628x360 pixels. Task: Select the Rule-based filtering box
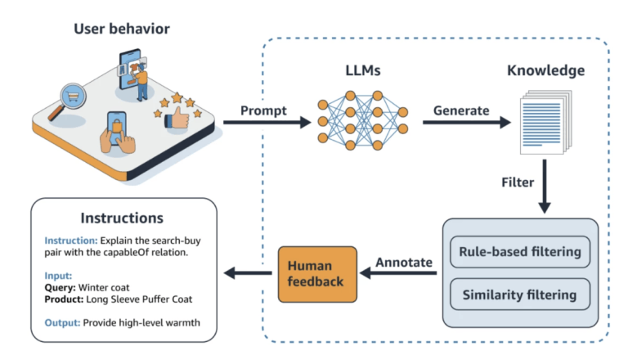coord(522,251)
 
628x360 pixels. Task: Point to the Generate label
coord(460,110)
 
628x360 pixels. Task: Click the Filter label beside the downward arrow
coord(517,182)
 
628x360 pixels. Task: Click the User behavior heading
coord(122,29)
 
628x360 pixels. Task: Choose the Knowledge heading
coord(546,70)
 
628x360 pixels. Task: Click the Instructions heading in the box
coord(122,218)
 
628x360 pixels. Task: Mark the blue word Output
coord(61,322)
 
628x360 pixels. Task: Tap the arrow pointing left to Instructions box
coord(249,272)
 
